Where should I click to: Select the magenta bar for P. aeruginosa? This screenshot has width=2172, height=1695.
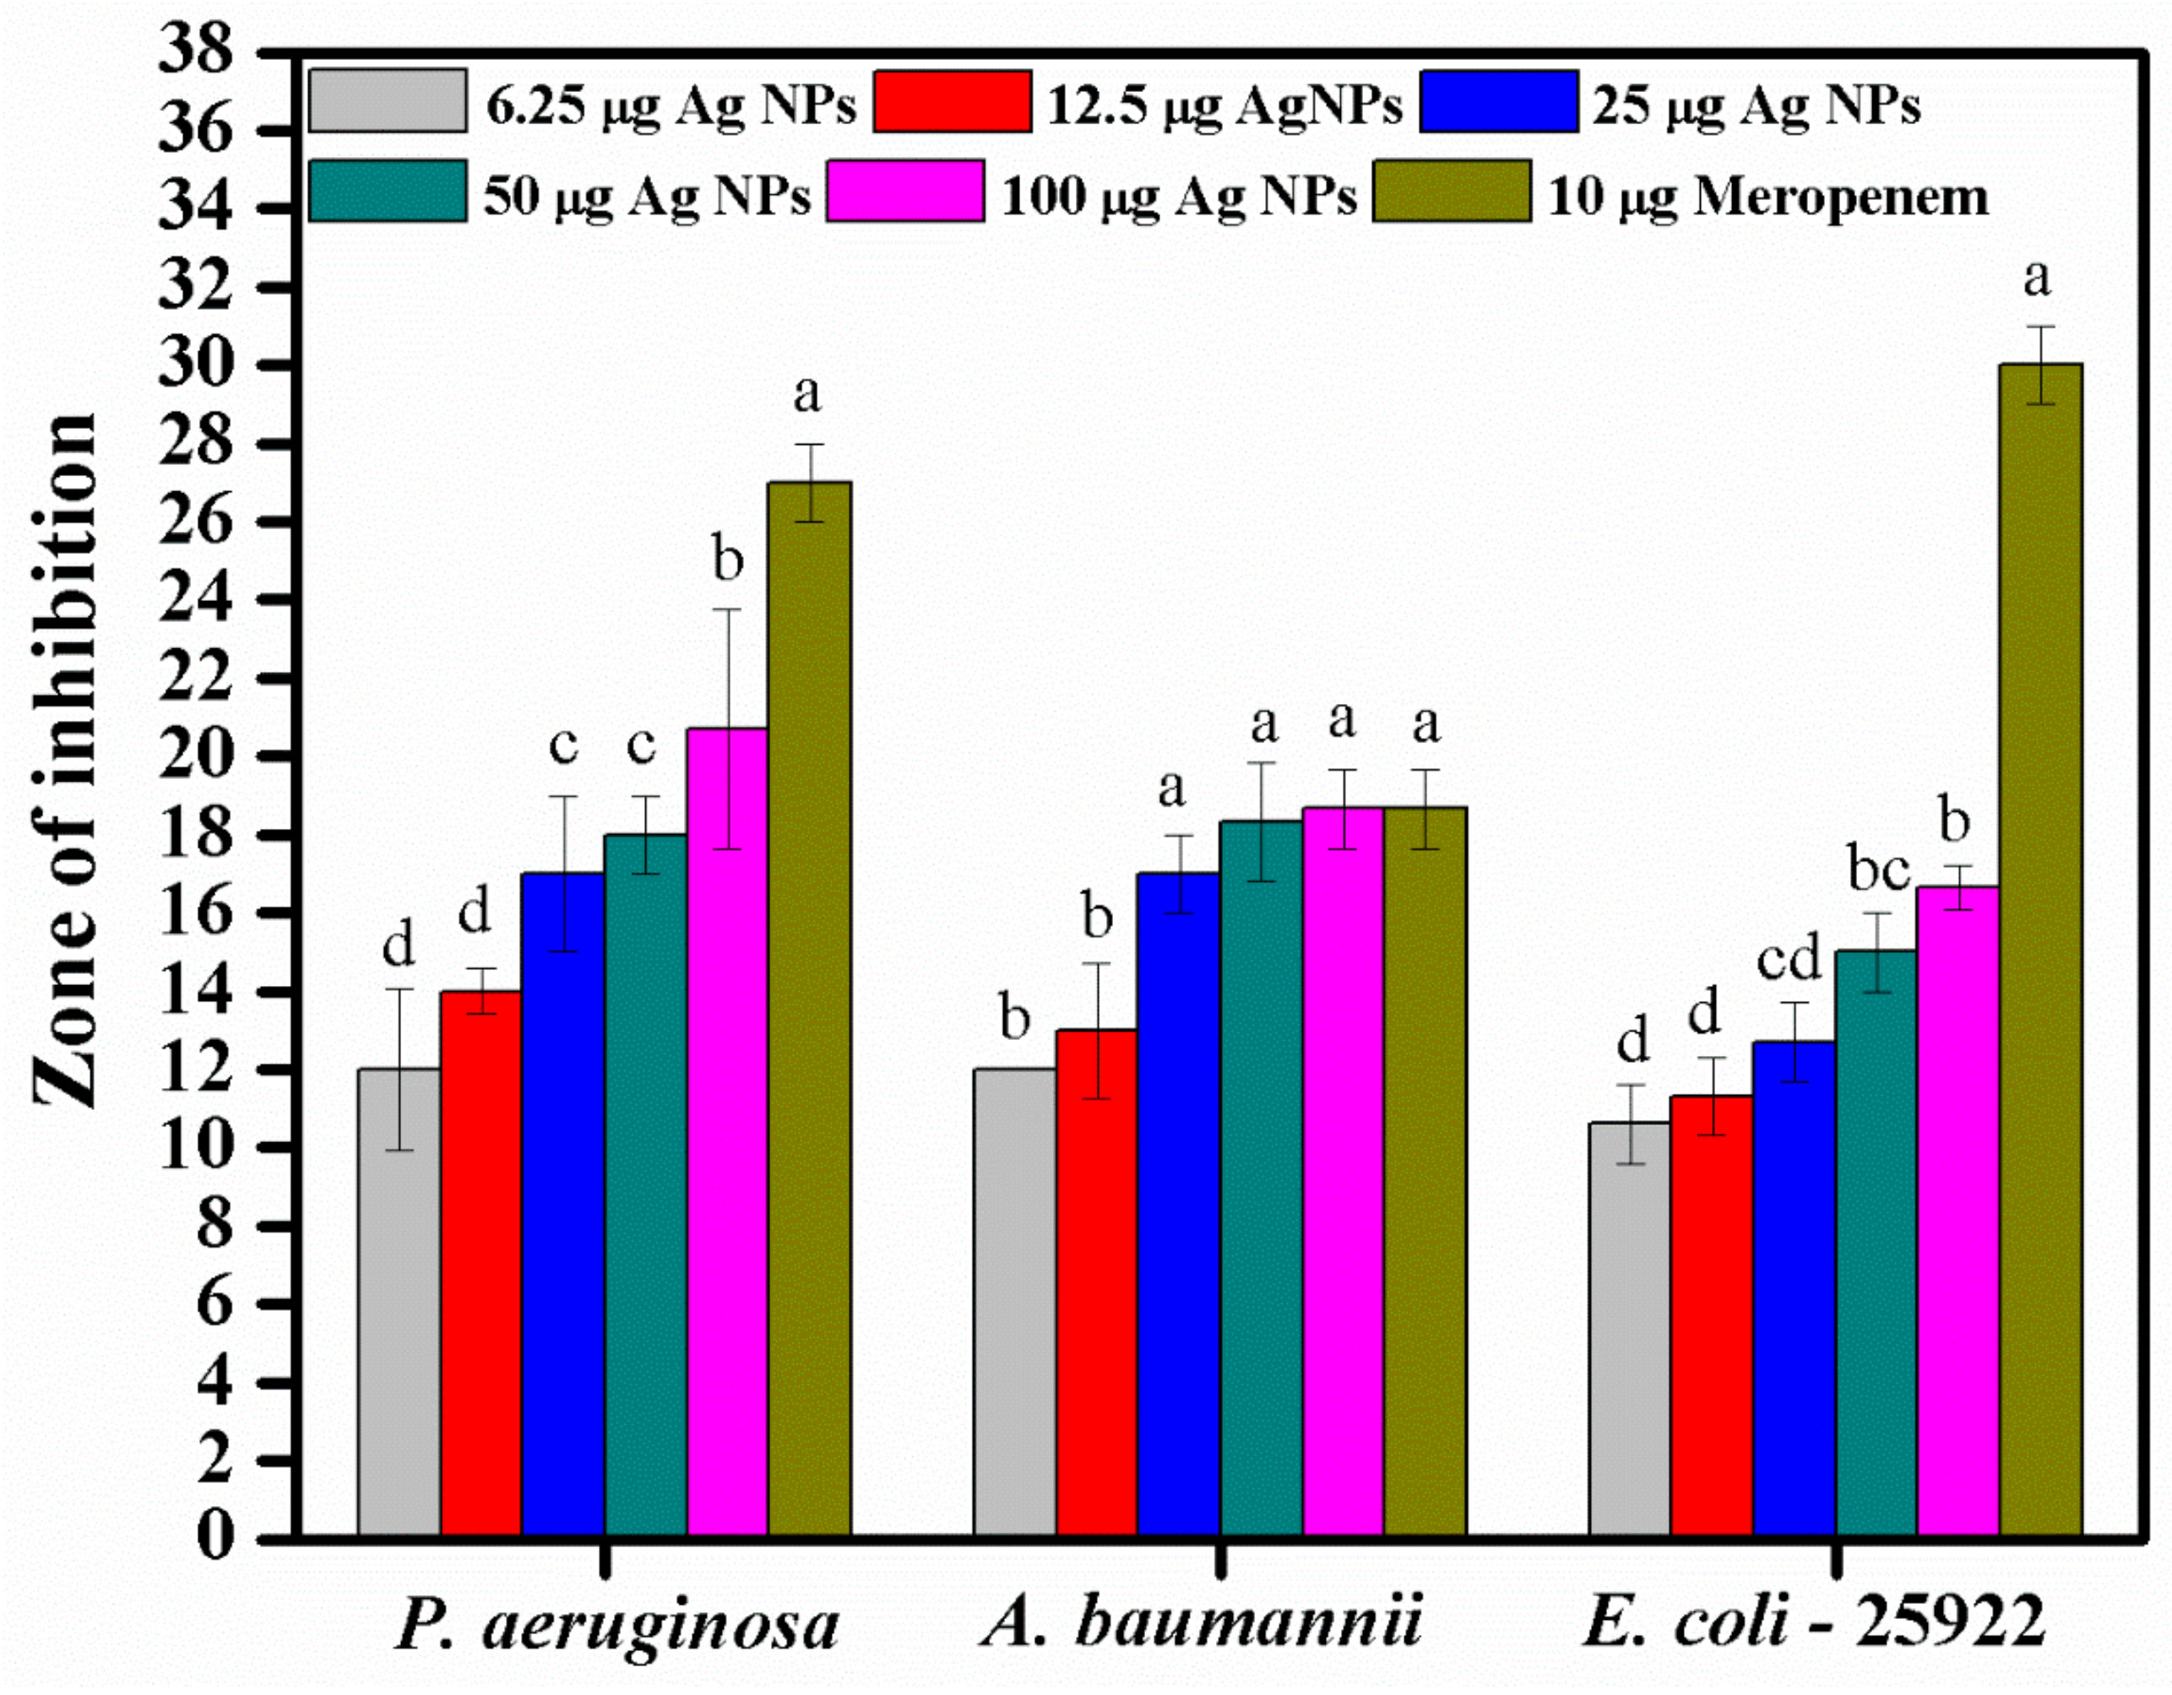click(727, 1134)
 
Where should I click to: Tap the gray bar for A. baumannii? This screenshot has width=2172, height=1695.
click(1014, 1302)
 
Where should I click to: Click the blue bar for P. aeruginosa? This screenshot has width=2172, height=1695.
click(563, 1203)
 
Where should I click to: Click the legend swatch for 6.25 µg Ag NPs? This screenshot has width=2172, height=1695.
click(387, 100)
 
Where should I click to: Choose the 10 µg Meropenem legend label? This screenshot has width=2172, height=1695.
click(1767, 196)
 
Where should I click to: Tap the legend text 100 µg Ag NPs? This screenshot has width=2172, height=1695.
click(1179, 196)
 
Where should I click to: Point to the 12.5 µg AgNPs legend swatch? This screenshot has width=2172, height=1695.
click(952, 100)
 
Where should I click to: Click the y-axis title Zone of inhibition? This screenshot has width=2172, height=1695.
click(65, 761)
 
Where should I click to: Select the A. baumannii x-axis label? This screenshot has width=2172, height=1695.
click(1202, 1623)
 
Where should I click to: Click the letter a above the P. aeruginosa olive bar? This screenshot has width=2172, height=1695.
click(807, 395)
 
